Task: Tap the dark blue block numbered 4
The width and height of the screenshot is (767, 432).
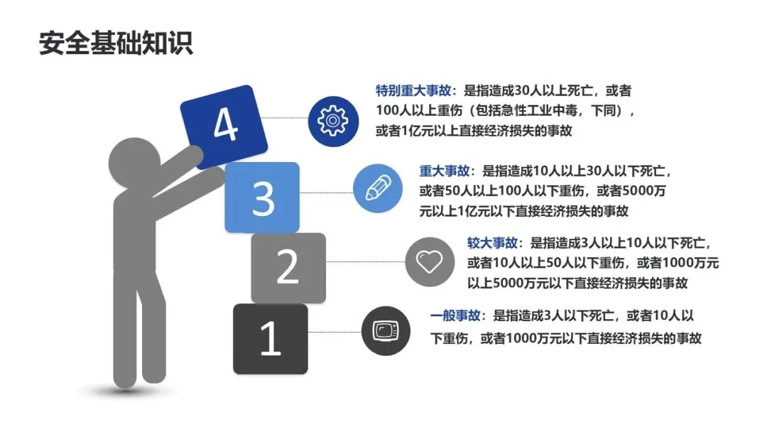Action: [x=224, y=126]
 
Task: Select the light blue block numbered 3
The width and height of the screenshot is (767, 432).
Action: [x=262, y=197]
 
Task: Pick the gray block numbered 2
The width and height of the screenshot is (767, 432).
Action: [x=288, y=267]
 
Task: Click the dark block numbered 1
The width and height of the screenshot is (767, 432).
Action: [x=270, y=339]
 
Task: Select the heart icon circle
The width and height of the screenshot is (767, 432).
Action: [x=429, y=261]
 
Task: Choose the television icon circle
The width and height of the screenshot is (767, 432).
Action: [x=385, y=330]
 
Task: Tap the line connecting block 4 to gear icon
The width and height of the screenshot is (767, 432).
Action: [x=288, y=118]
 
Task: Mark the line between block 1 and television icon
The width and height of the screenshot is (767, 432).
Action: [x=334, y=331]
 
